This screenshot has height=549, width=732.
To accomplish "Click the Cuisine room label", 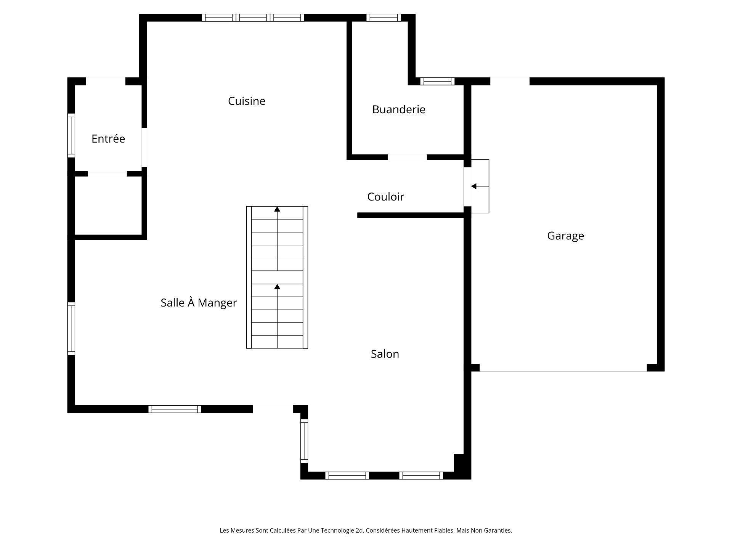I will [246, 101].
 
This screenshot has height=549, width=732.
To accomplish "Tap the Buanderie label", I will [398, 109].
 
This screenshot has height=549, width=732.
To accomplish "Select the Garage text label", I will [565, 236].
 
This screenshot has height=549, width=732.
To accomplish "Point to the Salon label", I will [385, 354].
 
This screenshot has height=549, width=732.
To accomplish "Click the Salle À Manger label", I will [199, 303].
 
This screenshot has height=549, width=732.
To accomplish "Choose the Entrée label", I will [108, 139].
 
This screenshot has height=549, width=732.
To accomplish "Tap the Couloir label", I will [385, 197].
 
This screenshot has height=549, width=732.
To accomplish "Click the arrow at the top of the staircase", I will [277, 209].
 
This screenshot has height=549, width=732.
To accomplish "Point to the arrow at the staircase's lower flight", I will [277, 287].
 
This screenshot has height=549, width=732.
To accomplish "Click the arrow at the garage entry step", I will [474, 186].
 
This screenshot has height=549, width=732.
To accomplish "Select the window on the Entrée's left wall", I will [71, 135].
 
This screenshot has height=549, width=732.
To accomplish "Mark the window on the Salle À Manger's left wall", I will [71, 329].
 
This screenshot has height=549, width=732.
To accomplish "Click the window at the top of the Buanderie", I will [384, 18].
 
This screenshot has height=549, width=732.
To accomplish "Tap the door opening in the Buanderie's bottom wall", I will [407, 157].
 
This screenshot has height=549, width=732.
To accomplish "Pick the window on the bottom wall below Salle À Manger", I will [175, 409].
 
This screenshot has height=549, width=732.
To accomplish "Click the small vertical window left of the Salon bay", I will [304, 441].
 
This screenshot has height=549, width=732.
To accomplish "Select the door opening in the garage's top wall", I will [510, 81].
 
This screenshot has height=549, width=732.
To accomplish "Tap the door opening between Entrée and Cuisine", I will [144, 147].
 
